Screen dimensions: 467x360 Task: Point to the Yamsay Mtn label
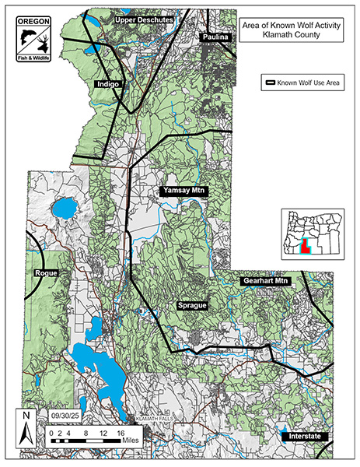(x=183, y=191)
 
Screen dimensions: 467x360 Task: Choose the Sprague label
(x=192, y=306)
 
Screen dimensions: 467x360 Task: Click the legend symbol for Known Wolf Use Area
(x=272, y=83)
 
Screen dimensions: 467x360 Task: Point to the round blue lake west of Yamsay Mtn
(x=63, y=209)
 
